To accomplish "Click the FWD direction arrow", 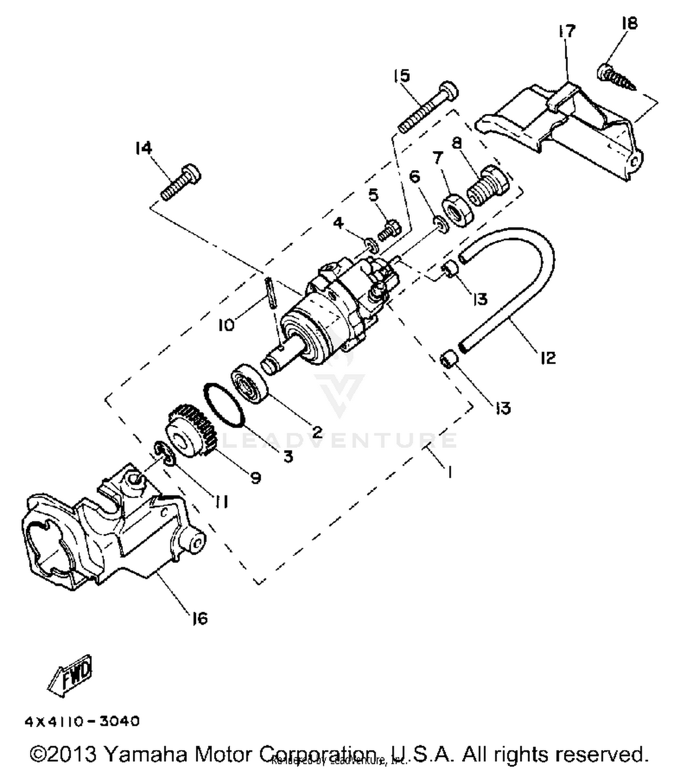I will (x=70, y=675).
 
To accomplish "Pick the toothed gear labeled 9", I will (x=190, y=433).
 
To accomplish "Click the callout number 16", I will (x=199, y=619).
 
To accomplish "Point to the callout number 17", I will (x=566, y=31).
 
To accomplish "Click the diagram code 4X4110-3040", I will (x=82, y=721).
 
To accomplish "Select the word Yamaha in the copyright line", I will (x=145, y=755).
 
